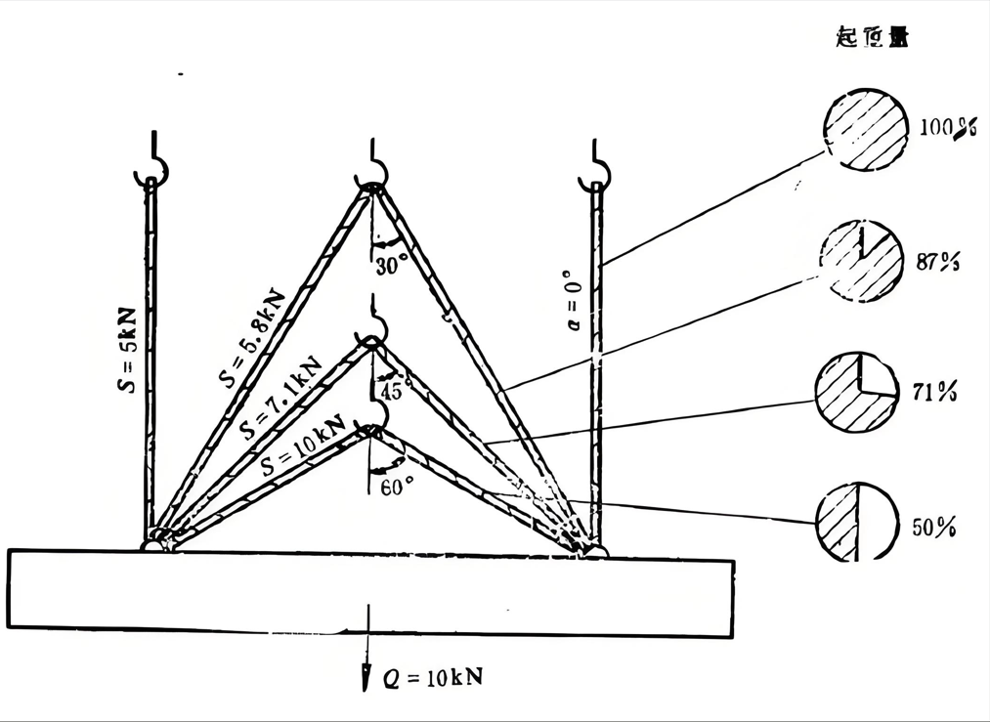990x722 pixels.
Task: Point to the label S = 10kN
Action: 304,446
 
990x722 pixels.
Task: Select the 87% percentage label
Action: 939,262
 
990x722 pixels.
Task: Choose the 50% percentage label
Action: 934,527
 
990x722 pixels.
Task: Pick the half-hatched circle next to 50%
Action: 856,523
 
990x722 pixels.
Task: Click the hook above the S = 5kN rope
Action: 153,167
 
